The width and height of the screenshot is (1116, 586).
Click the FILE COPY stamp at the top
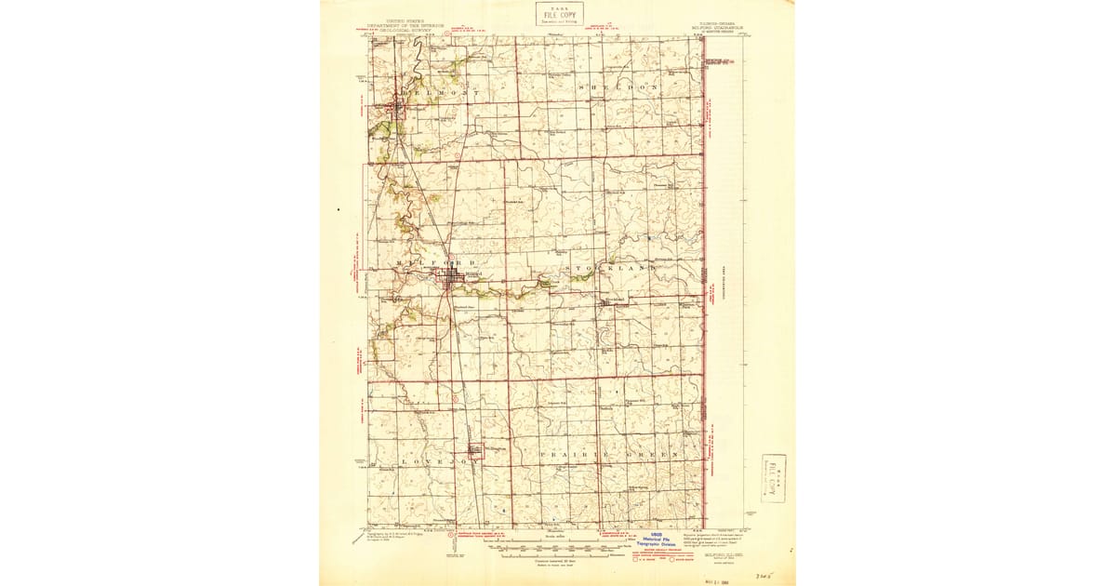pos(561,13)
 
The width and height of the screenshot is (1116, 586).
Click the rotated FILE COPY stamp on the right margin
pos(773,478)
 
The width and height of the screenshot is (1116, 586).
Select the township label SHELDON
pos(618,87)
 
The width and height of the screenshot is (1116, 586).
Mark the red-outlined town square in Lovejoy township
pos(476,452)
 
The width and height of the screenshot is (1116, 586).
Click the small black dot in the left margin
pos(339,210)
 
